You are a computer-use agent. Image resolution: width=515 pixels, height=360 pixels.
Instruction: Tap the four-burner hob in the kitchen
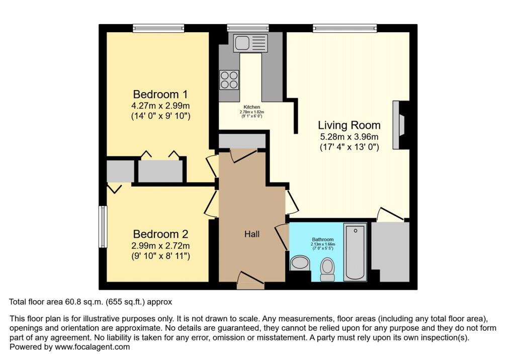(x=229, y=79)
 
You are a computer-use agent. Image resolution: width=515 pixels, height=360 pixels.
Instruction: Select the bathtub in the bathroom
(x=356, y=252)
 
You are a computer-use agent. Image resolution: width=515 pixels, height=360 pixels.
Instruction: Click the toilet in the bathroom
(x=327, y=269)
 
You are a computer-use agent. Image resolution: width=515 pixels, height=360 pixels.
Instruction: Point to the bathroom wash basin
(x=300, y=263)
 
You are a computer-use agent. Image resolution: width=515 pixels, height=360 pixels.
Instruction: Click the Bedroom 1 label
(x=160, y=94)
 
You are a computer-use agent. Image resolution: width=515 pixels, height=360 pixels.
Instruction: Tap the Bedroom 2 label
(x=160, y=234)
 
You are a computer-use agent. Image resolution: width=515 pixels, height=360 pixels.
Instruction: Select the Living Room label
(x=349, y=125)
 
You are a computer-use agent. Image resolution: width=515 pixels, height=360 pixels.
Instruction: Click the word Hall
(x=251, y=234)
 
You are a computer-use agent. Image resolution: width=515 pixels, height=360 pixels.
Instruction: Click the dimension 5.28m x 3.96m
(x=349, y=137)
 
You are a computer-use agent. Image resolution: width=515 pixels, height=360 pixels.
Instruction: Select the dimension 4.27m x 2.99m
(x=160, y=106)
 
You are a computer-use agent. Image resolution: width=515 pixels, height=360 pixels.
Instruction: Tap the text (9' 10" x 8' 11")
(x=160, y=256)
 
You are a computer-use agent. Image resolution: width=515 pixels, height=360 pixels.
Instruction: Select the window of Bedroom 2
(x=102, y=226)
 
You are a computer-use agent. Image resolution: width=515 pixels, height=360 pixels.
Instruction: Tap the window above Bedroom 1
(x=157, y=28)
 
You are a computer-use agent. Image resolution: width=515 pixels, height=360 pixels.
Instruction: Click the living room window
(x=345, y=28)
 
